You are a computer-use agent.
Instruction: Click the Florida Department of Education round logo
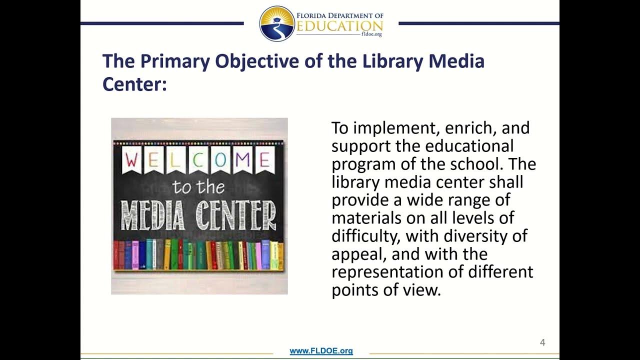tap(277, 23)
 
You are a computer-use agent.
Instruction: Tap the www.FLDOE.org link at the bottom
tap(321, 351)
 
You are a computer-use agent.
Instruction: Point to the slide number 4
tap(542, 343)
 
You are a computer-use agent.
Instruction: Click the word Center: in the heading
tap(134, 83)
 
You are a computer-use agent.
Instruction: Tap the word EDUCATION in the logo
tap(339, 26)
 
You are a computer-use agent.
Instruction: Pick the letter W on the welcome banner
tap(132, 160)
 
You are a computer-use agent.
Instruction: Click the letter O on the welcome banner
tap(220, 160)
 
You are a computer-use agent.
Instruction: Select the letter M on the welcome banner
tap(242, 160)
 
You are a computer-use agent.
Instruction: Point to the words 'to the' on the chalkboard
tap(198, 187)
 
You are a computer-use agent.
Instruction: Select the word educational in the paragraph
tap(469, 146)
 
